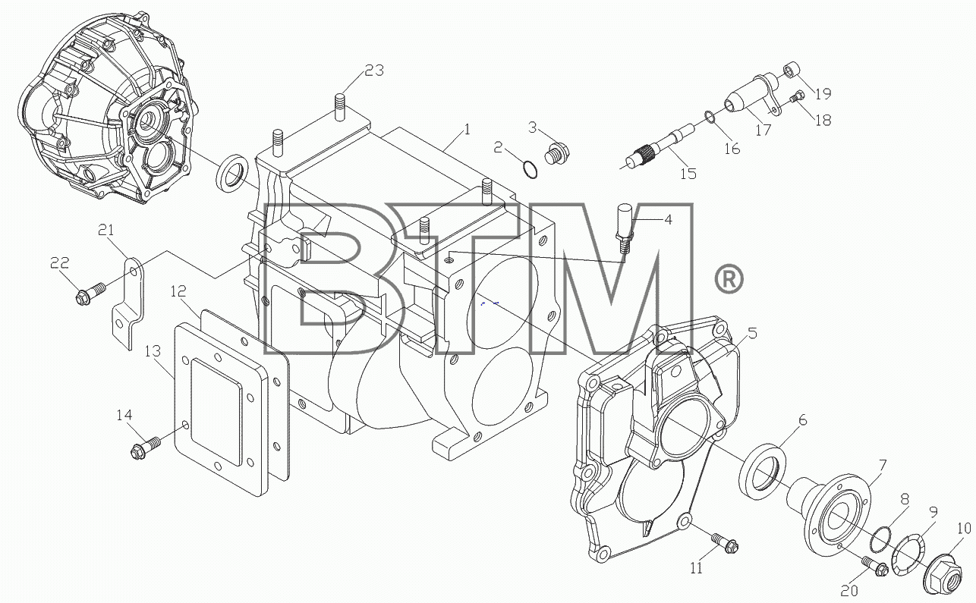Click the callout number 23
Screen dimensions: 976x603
(x=374, y=71)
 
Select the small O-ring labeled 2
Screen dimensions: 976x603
(x=530, y=170)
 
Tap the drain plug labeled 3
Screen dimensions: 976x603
(x=557, y=154)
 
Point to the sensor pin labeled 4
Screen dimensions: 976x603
(x=623, y=228)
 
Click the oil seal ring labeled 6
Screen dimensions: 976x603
(x=763, y=470)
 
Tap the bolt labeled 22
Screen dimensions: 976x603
(x=90, y=294)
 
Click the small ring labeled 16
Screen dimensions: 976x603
(x=710, y=117)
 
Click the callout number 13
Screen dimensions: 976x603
(x=153, y=351)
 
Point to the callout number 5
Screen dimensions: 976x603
(x=752, y=333)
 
